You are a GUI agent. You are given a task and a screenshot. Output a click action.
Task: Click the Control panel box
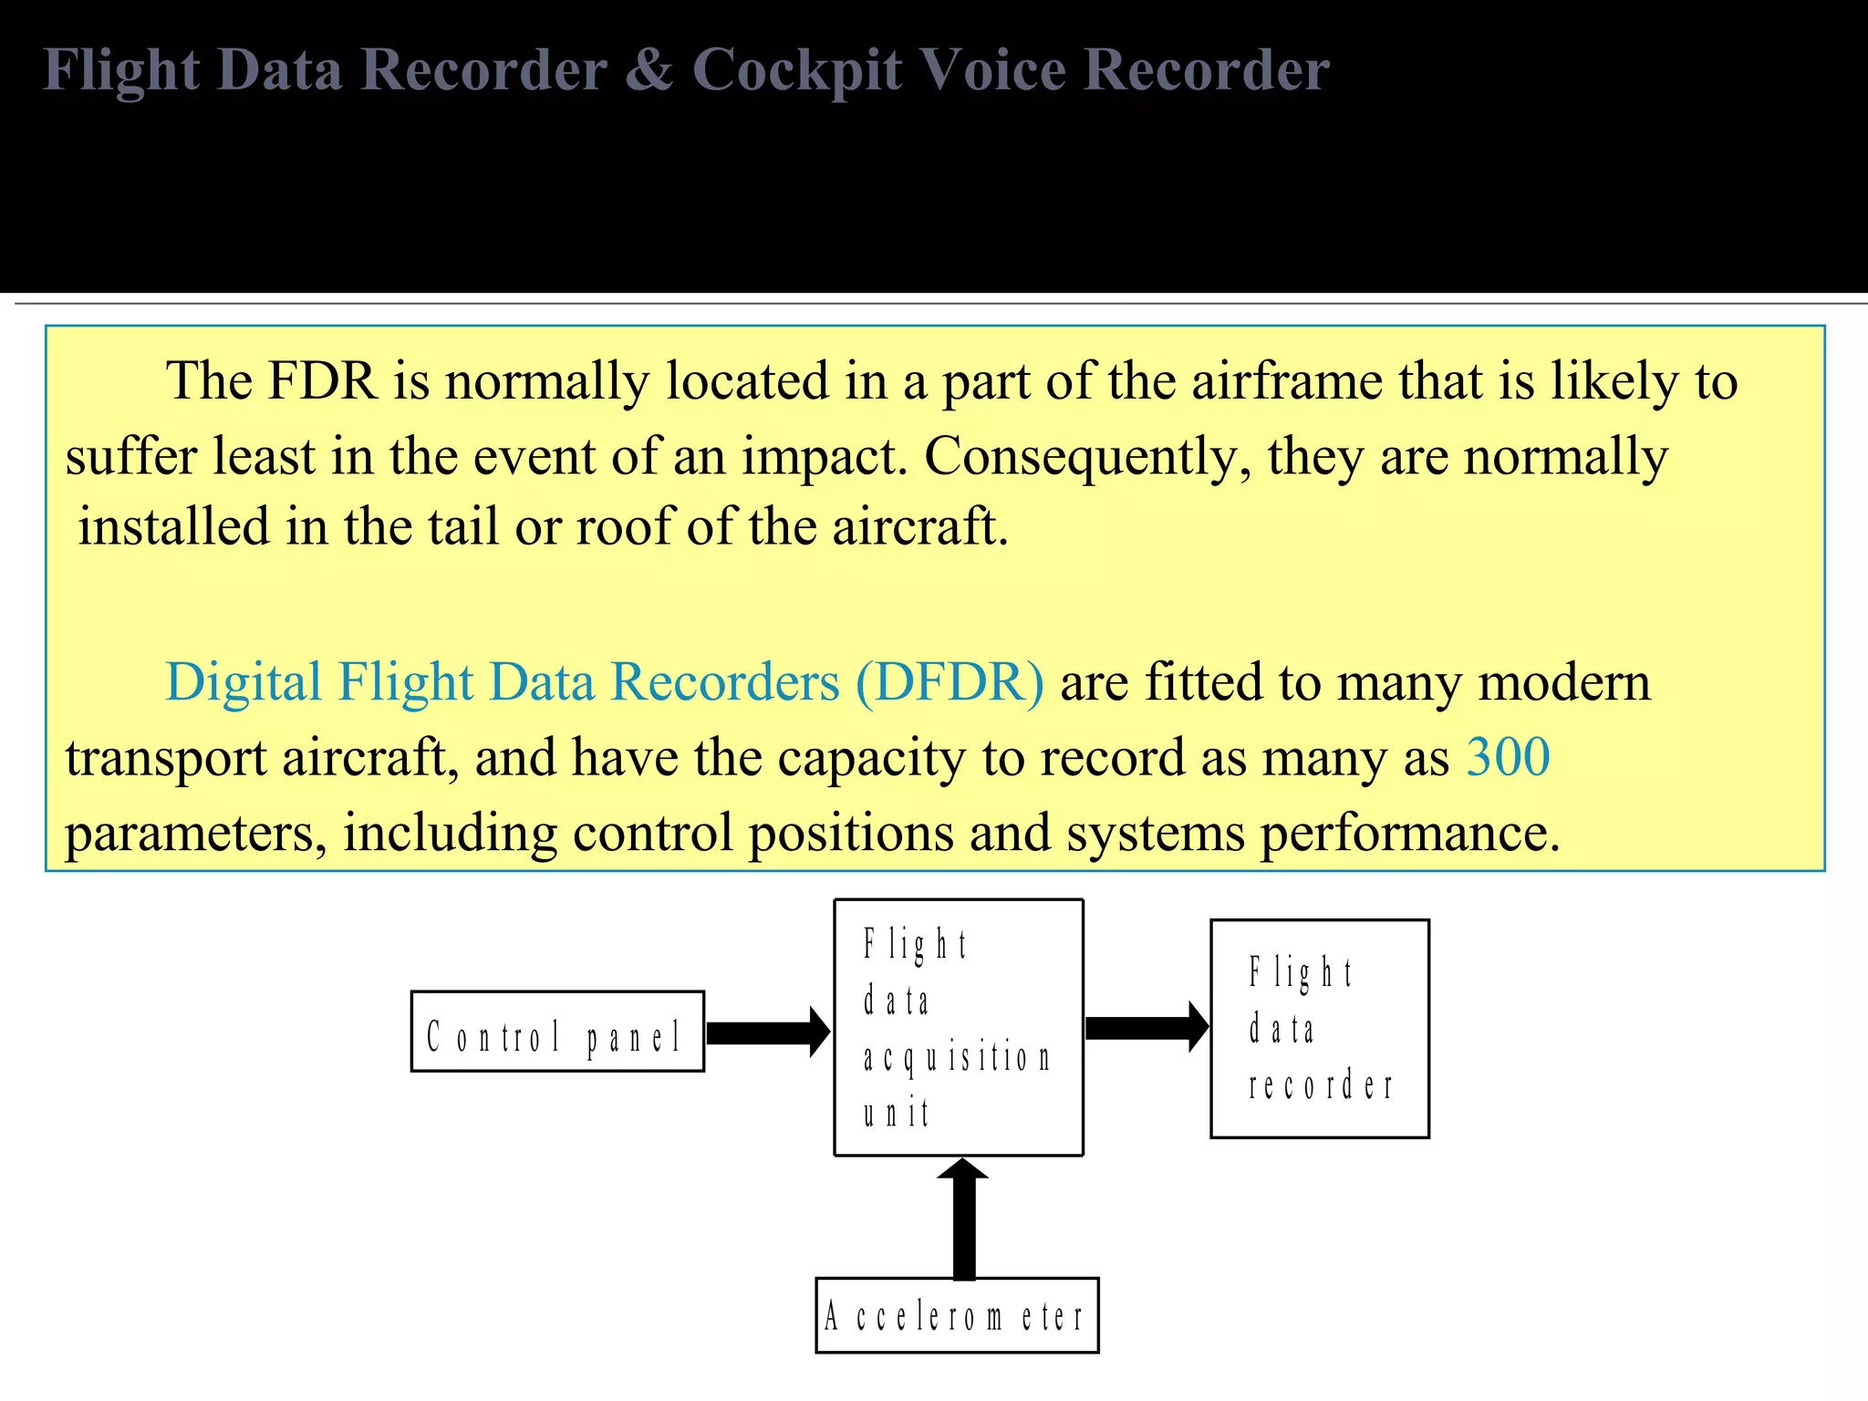557,1032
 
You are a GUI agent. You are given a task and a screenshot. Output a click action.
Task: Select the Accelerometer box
957,1315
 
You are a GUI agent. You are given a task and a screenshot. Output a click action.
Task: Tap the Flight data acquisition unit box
959,1028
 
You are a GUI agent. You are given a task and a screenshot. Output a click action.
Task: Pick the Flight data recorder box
1319,1029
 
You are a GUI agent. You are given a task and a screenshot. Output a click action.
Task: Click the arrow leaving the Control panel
767,1033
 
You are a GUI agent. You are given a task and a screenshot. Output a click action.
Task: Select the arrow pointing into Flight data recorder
1147,1027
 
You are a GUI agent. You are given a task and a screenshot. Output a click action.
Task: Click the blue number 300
1508,757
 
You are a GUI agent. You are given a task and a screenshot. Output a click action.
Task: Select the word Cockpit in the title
797,71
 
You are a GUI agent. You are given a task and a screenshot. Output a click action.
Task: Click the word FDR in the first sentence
322,381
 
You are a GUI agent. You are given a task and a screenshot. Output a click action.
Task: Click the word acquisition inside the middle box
957,1058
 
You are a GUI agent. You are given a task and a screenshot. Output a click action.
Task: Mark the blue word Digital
244,682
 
